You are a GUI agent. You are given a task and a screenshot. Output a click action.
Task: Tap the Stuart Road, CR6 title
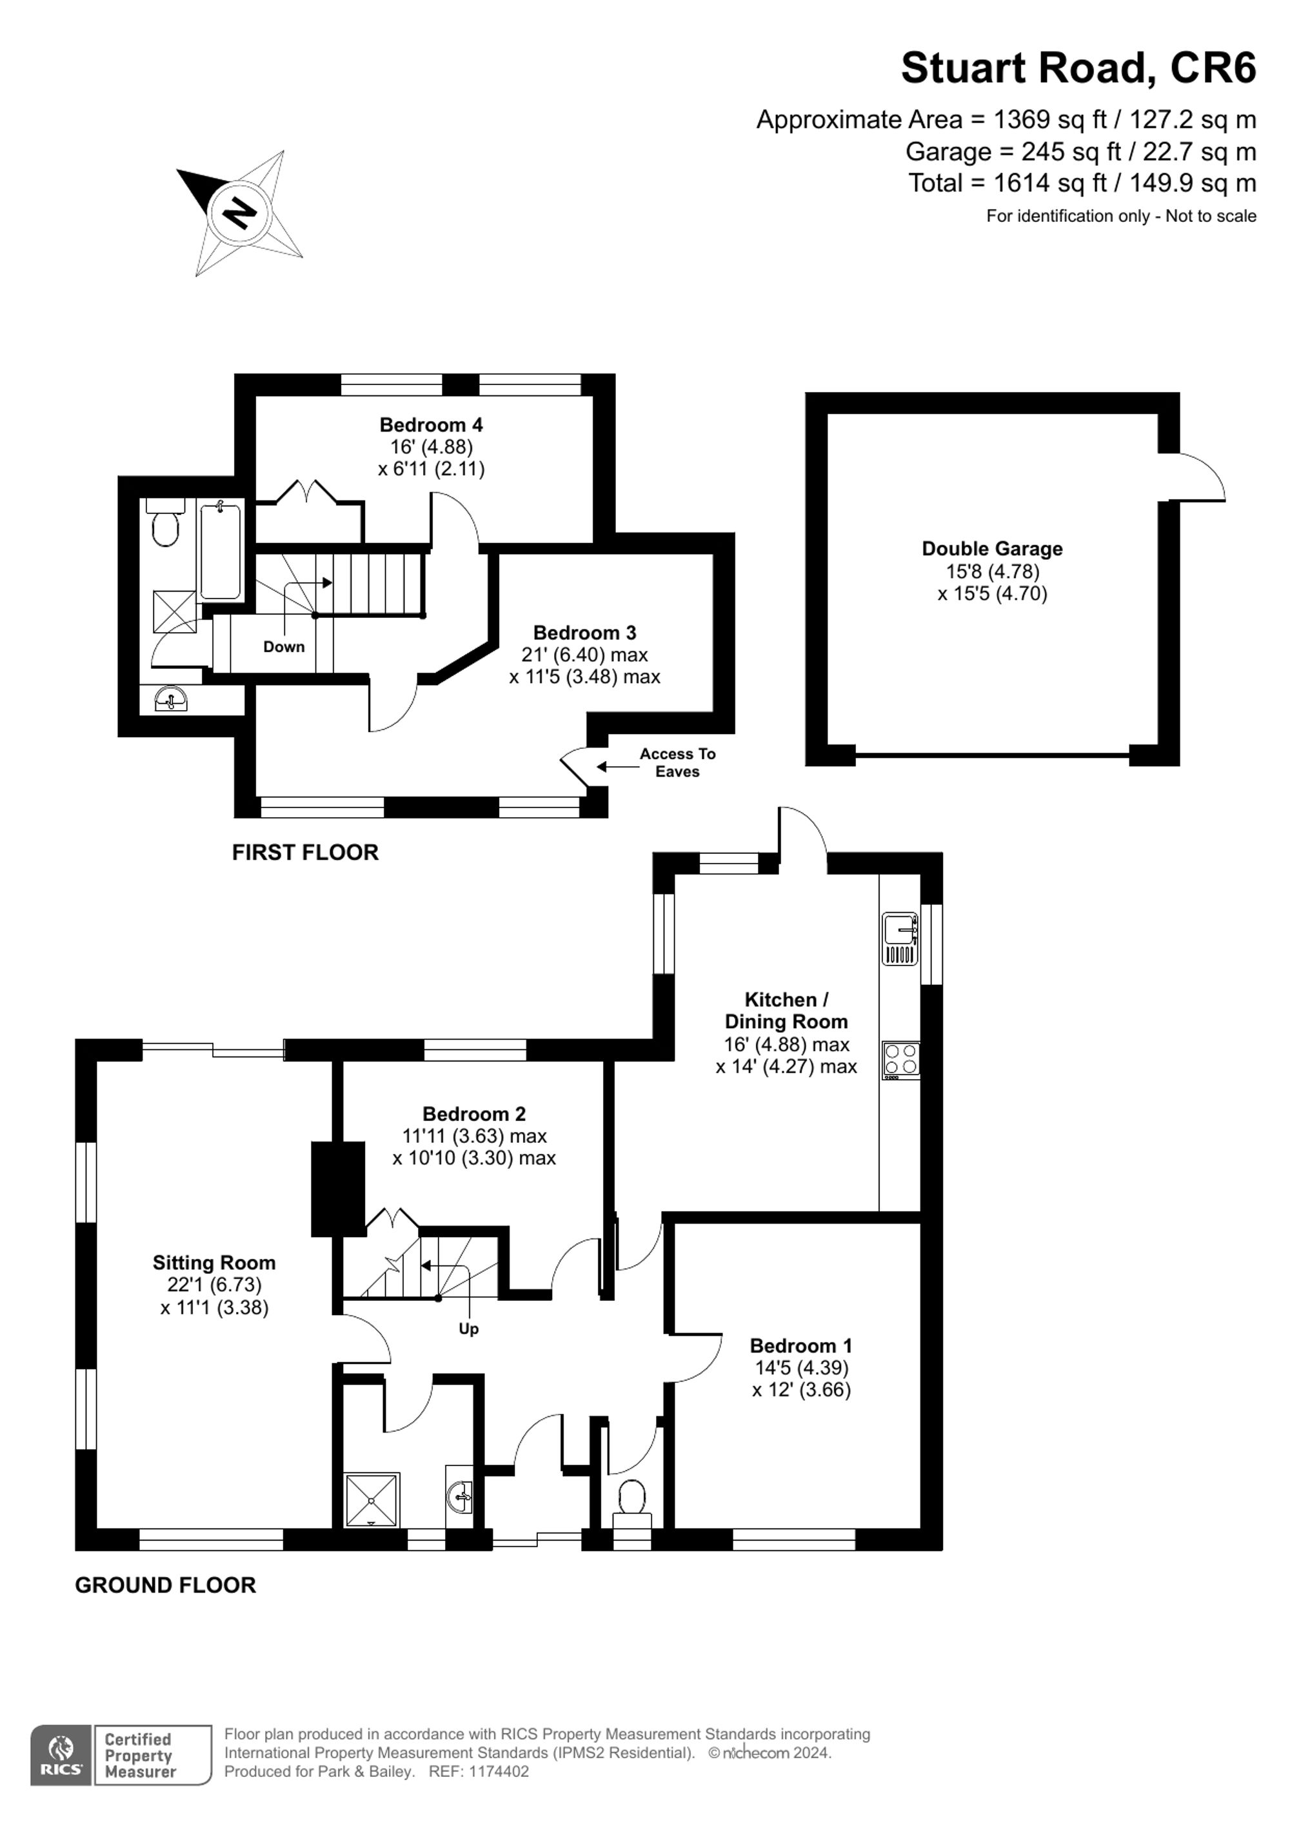pos(1078,68)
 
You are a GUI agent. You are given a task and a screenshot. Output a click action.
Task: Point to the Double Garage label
pos(991,549)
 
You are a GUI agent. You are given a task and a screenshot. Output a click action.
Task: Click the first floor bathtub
pos(220,550)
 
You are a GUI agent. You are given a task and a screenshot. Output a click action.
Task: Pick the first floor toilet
pos(166,524)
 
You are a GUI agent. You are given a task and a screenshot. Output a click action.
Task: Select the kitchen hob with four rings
pos(901,1060)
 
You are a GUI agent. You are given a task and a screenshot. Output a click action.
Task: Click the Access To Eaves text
pos(677,762)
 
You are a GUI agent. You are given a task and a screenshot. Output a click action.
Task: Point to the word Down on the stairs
pos(284,647)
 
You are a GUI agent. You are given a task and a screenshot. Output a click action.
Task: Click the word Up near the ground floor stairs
pos(469,1329)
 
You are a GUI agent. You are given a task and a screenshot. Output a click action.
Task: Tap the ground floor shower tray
pos(372,1500)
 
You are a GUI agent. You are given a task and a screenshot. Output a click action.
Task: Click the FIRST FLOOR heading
pos(305,853)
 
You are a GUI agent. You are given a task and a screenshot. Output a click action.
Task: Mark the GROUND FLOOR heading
pos(165,1585)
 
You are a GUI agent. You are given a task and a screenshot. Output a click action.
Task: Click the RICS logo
pos(61,1755)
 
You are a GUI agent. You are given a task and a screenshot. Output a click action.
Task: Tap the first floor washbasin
pos(171,700)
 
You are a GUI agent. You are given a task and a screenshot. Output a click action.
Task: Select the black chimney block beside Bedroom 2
pos(337,1189)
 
